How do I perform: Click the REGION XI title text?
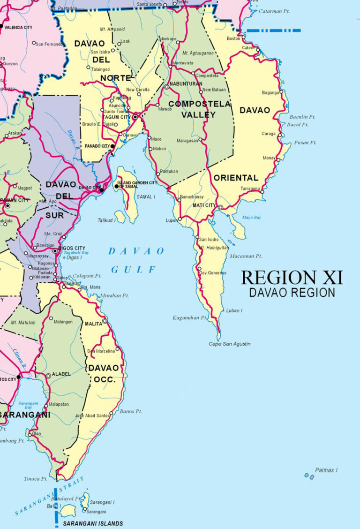292,277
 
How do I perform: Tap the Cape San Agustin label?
230,344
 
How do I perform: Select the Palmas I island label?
326,470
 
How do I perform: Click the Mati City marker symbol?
220,207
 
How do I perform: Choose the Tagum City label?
117,117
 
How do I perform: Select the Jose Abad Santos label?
91,416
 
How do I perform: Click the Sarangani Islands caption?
93,523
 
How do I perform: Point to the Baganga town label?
270,92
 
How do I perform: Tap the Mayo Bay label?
252,218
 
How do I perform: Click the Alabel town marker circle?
48,376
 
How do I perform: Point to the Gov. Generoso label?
213,273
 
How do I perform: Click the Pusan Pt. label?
306,143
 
